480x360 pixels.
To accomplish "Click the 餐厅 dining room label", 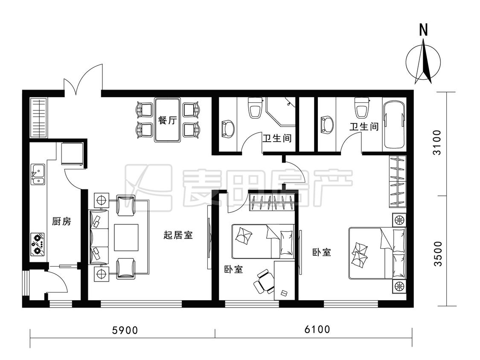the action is pos(167,120).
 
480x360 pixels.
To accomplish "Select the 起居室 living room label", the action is pos(178,235).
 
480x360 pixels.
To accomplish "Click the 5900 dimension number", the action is pos(125,330).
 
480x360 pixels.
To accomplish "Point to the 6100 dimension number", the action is pos(317,329).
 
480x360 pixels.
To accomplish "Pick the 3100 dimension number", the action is pos(438,142).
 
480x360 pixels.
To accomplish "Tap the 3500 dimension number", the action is pos(438,253).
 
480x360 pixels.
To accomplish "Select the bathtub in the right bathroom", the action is pos(395,124).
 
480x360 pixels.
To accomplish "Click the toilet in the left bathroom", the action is pos(256,108).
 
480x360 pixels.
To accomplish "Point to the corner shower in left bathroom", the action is pos(281,112).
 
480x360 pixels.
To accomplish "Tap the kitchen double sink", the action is pos(38,174).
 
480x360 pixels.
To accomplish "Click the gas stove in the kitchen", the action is pos(38,244).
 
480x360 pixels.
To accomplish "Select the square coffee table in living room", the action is pos(126,237).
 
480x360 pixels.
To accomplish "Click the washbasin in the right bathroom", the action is pos(326,125).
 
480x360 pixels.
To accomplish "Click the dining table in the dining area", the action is pos(167,120).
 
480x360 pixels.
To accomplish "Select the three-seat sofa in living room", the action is pos(99,237).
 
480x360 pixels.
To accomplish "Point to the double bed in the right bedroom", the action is pos(378,253).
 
